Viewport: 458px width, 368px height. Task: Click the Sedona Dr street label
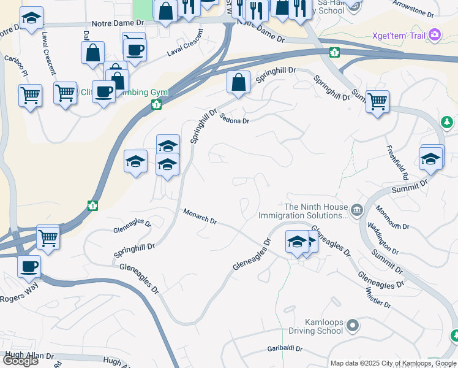click(234, 120)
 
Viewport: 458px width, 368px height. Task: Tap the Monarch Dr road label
click(200, 216)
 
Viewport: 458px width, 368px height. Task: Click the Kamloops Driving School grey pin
click(352, 325)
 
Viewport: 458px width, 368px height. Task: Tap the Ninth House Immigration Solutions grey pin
click(358, 210)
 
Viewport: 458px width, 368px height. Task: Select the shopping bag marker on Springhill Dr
click(238, 82)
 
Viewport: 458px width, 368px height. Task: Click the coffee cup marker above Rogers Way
click(28, 267)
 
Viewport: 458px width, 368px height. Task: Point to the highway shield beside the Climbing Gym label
click(157, 105)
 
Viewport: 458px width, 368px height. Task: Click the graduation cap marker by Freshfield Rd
click(431, 159)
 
